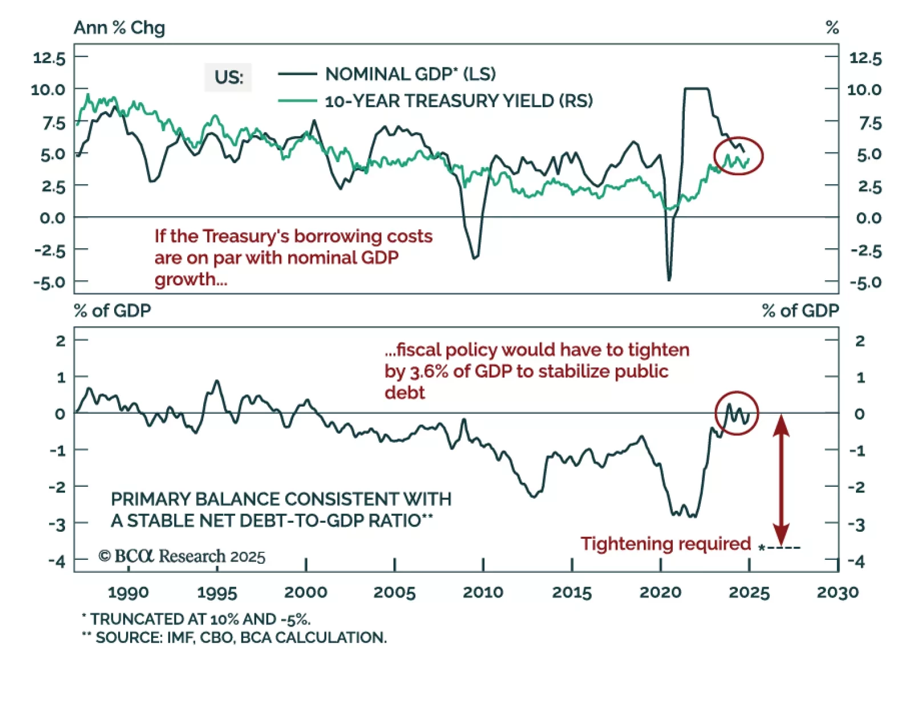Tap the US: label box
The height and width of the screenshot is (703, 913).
[228, 77]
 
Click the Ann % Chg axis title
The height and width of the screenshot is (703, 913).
[119, 27]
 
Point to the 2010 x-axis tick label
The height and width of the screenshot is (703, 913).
[483, 592]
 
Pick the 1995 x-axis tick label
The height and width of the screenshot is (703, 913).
[217, 592]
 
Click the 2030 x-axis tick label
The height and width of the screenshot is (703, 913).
[837, 592]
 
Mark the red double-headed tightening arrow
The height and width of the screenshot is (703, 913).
[781, 479]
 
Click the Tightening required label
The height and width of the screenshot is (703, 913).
[665, 544]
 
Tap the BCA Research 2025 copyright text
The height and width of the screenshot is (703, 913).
[182, 556]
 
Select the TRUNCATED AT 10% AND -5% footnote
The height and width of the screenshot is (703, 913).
[197, 619]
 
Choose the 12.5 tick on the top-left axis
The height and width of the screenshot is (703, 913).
[49, 58]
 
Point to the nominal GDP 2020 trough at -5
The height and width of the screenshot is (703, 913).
[669, 279]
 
